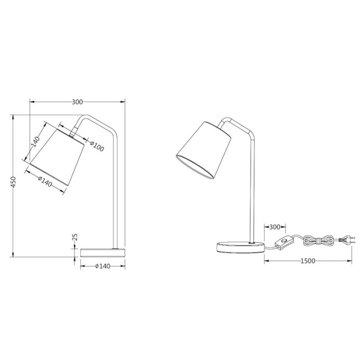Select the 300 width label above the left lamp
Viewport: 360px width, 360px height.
(77, 101)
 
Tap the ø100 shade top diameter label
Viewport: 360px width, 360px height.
(97, 146)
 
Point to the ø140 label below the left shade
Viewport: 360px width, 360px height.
(44, 180)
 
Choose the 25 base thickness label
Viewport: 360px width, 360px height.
(75, 238)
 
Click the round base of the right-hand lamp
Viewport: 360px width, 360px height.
(239, 247)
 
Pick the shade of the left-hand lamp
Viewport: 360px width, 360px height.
(57, 149)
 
